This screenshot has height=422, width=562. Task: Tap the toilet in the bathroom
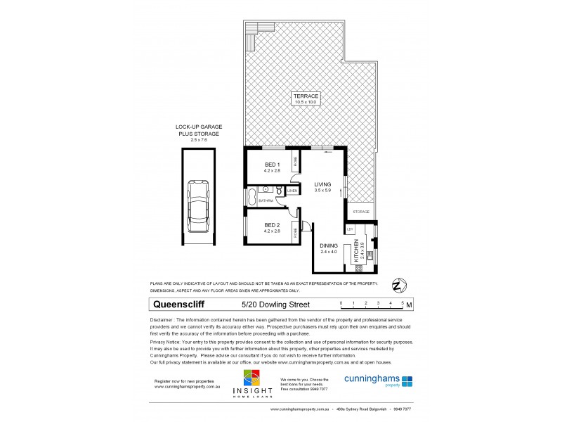280,190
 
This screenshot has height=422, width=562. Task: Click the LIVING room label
322,185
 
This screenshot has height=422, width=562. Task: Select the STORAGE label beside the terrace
361,211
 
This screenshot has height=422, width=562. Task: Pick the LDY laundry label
349,229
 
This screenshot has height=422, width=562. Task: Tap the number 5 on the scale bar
403,302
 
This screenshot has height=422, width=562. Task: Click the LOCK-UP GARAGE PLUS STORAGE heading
199,132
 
